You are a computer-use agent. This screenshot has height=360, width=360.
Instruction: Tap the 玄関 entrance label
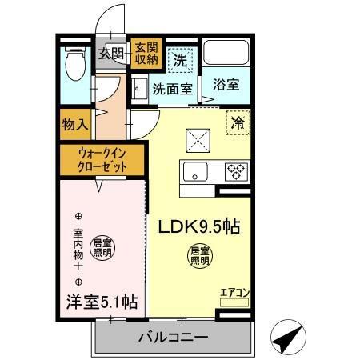111,54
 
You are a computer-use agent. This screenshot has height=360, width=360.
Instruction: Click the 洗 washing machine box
179,58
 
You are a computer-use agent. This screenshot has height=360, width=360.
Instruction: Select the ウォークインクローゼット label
101,158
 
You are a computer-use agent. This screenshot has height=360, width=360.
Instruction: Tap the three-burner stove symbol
235,170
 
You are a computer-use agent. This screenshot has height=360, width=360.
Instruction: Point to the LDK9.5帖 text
200,226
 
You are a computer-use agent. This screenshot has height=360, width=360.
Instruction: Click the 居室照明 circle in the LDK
199,256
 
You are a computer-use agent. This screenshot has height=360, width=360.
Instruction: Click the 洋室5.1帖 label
102,302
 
